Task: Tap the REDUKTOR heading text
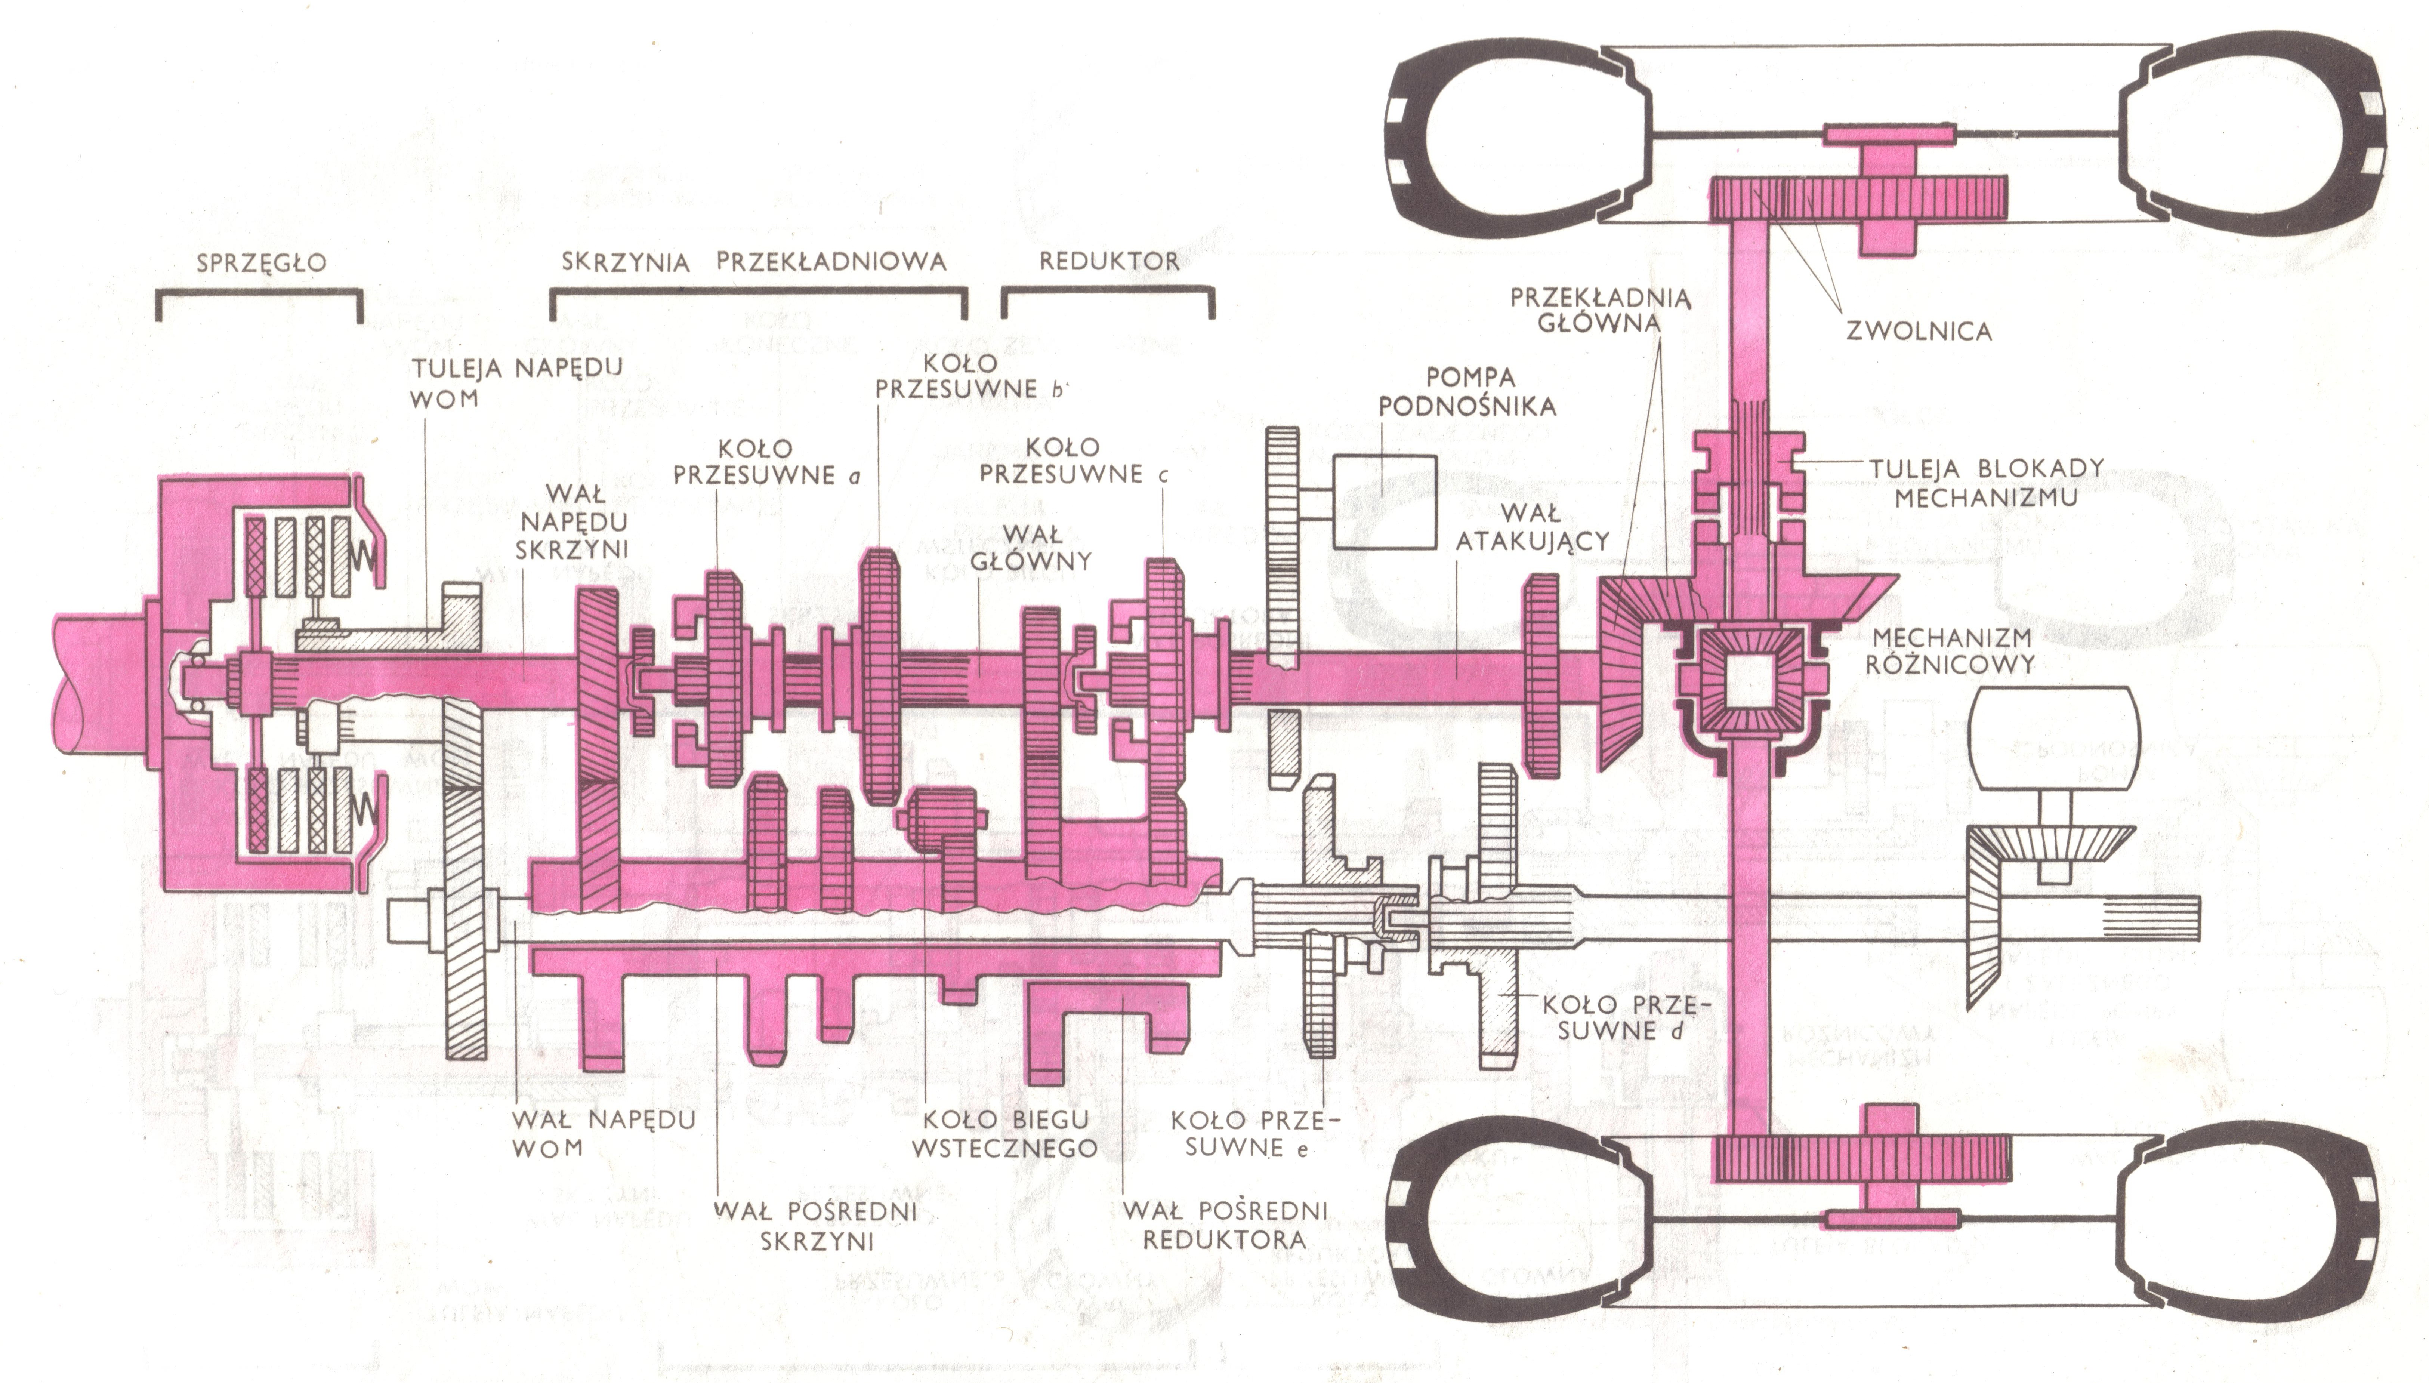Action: [x=1109, y=261]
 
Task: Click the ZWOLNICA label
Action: [x=1919, y=330]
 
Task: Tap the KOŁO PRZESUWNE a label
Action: [x=766, y=462]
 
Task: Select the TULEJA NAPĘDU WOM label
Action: [x=516, y=383]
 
